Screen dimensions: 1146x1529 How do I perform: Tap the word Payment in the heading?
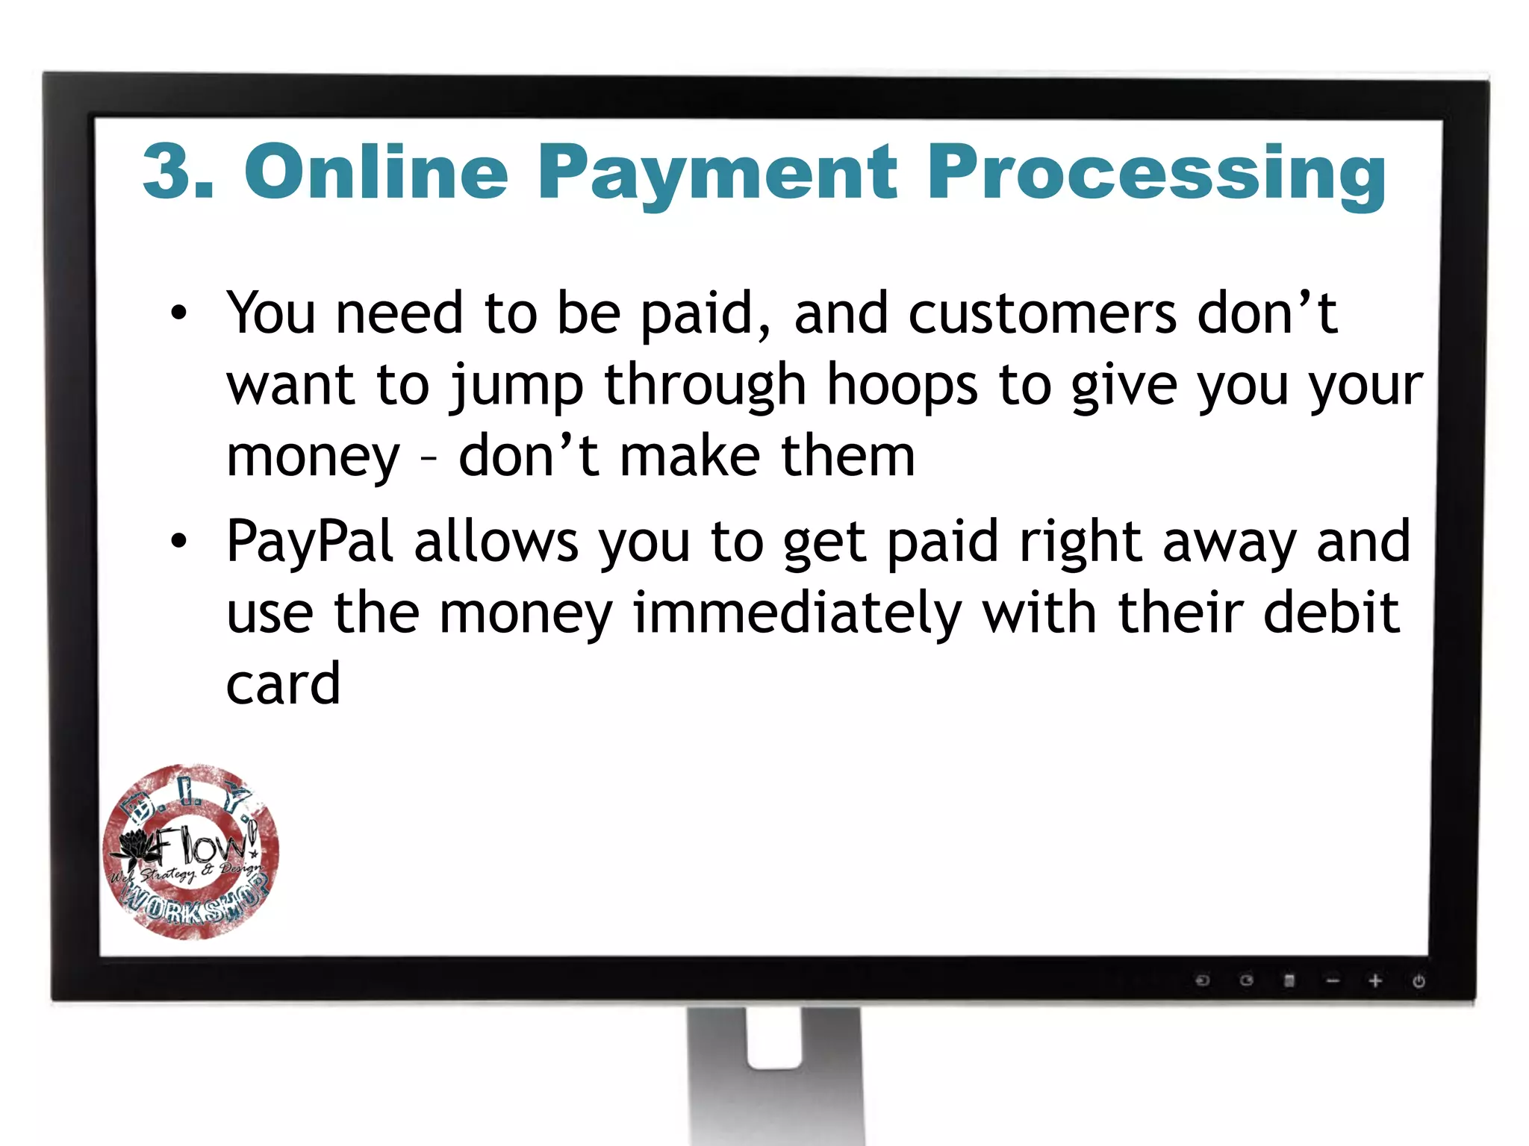[717, 175]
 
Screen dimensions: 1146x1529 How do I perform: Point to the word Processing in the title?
[1156, 175]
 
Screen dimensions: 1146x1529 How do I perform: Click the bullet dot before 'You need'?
[178, 314]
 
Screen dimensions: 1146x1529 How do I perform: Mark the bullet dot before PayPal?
[178, 542]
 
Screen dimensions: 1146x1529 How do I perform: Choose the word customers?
[1042, 314]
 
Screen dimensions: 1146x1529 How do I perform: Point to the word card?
[283, 684]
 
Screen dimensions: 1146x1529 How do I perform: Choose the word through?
[705, 386]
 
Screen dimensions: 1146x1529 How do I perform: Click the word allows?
[496, 542]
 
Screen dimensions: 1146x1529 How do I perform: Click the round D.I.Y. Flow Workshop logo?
[190, 851]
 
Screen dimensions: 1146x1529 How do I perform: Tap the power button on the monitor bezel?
[1419, 981]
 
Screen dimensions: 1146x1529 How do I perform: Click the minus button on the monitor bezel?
[1333, 981]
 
